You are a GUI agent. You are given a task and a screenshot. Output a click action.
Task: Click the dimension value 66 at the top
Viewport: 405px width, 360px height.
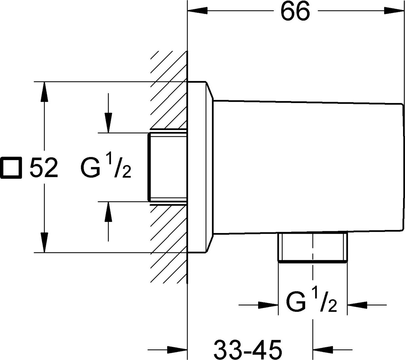click(x=295, y=11)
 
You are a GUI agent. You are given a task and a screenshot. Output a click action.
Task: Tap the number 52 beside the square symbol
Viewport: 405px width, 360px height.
click(x=44, y=168)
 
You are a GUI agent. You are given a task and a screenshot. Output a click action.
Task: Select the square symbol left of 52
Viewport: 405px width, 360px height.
click(x=12, y=167)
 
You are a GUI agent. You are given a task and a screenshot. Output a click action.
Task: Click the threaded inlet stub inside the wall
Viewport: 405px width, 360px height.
click(x=167, y=167)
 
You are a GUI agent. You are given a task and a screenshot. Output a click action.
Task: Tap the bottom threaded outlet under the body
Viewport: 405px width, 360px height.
click(x=312, y=248)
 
